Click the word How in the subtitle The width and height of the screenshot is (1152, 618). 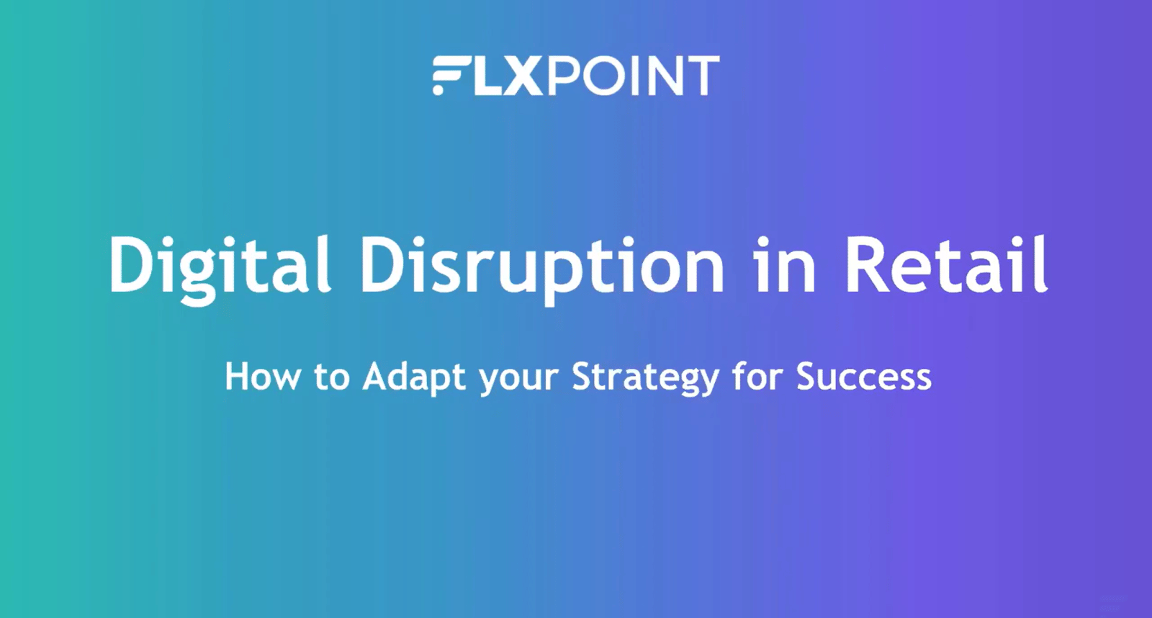[x=262, y=377]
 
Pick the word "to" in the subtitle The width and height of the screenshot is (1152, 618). [x=332, y=378]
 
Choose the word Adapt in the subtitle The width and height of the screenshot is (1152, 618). [x=413, y=378]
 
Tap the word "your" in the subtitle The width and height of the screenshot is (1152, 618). [x=518, y=381]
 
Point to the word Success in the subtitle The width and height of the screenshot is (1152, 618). [x=864, y=377]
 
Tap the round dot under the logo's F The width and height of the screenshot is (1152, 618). [x=438, y=90]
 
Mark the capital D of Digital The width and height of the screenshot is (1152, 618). [x=131, y=264]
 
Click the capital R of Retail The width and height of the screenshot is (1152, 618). [x=867, y=264]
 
